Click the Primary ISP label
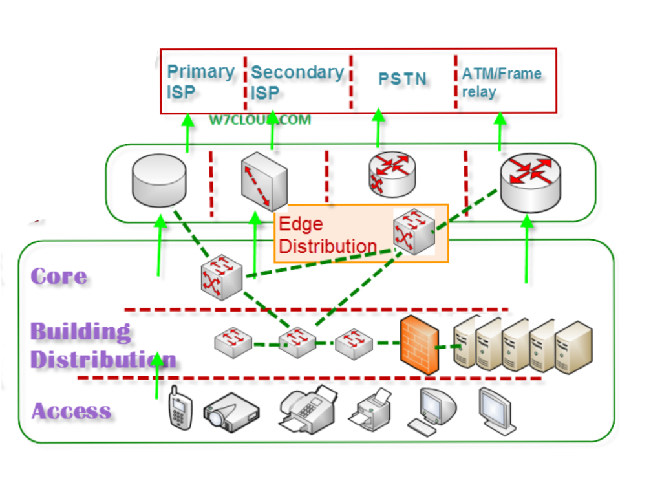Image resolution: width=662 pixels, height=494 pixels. coord(200,81)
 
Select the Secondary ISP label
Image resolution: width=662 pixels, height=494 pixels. coord(296,81)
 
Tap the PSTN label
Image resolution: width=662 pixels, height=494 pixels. coord(402,79)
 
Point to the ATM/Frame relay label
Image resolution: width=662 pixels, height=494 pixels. coord(501,81)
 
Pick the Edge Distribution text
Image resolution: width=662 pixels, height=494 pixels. coord(327,235)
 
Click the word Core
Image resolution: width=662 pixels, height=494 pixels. coord(59,276)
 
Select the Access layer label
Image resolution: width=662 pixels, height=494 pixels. coord(71,411)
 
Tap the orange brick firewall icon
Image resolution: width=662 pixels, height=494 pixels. coord(418,345)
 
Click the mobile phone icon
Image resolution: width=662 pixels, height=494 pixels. coord(180,407)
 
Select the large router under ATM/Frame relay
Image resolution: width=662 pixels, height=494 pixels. coord(531,182)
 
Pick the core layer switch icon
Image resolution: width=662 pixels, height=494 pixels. coord(222,276)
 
